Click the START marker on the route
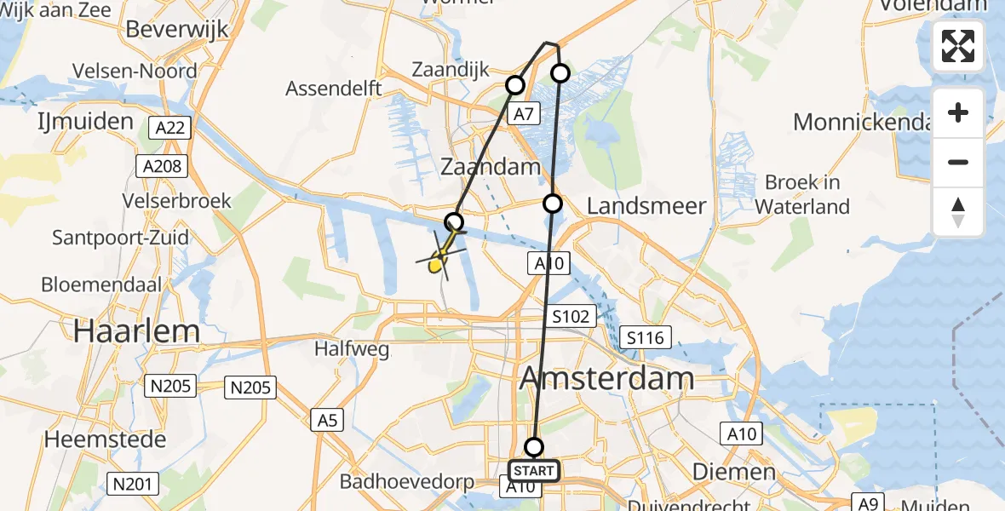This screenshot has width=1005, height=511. pos(534,470)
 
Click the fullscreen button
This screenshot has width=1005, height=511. pos(958,46)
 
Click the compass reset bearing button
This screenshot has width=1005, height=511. pos(958,212)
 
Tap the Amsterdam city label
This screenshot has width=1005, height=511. pos(606,377)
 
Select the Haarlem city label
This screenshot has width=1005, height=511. pos(136,330)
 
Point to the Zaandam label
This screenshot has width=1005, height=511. pos(491,167)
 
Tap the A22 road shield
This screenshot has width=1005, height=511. pos(170,129)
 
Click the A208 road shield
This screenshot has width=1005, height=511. pos(163,165)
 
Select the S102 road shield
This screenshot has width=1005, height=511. pos(570,317)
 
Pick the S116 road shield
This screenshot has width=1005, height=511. pos(644,337)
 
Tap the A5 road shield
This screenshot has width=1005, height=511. pos(328,419)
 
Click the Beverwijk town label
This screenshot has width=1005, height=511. pos(177,29)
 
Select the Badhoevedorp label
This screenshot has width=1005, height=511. pos(407,481)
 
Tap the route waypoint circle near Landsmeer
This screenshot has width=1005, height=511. pos(553,204)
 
